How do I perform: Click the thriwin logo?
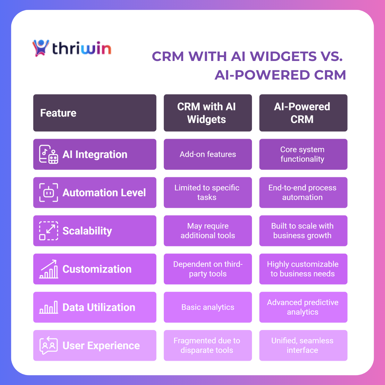click(x=72, y=48)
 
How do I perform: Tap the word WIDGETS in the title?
click(x=283, y=56)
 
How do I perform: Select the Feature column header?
click(x=95, y=113)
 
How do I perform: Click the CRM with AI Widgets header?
click(x=208, y=113)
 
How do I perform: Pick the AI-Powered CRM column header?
click(x=303, y=113)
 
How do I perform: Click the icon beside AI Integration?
click(x=48, y=154)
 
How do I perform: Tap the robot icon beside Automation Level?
click(x=48, y=193)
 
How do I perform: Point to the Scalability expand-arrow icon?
click(x=48, y=231)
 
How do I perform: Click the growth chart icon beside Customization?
click(x=48, y=269)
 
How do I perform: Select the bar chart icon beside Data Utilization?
click(x=48, y=307)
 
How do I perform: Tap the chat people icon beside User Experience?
click(x=48, y=345)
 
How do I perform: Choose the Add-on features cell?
click(x=208, y=154)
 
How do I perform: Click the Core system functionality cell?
click(x=303, y=154)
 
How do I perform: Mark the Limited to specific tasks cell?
click(x=208, y=193)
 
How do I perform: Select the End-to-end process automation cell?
click(x=303, y=193)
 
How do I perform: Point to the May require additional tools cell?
click(x=208, y=231)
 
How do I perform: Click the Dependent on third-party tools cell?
click(x=208, y=269)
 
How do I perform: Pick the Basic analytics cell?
click(x=208, y=307)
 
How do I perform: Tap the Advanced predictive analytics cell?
click(x=303, y=307)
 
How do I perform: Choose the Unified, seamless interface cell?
click(x=303, y=346)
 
